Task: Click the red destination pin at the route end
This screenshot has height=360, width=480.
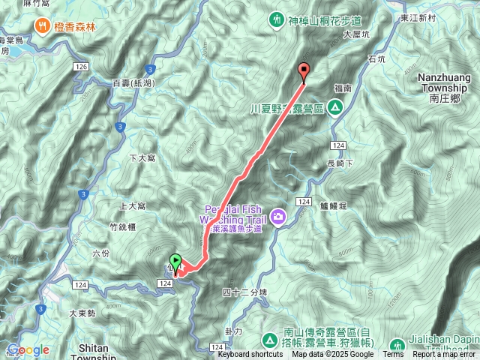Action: (304, 71)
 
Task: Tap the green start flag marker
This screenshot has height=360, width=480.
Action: (175, 262)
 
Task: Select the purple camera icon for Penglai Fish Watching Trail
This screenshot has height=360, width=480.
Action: (279, 217)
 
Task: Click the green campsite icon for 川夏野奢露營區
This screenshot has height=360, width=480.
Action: (336, 108)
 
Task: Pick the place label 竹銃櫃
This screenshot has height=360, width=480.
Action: (121, 226)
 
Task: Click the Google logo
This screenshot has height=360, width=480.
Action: (28, 349)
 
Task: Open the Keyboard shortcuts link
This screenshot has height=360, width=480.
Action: (250, 355)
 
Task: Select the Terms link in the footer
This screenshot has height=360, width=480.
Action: (393, 355)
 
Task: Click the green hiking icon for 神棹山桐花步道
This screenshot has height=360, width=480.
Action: (276, 16)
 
